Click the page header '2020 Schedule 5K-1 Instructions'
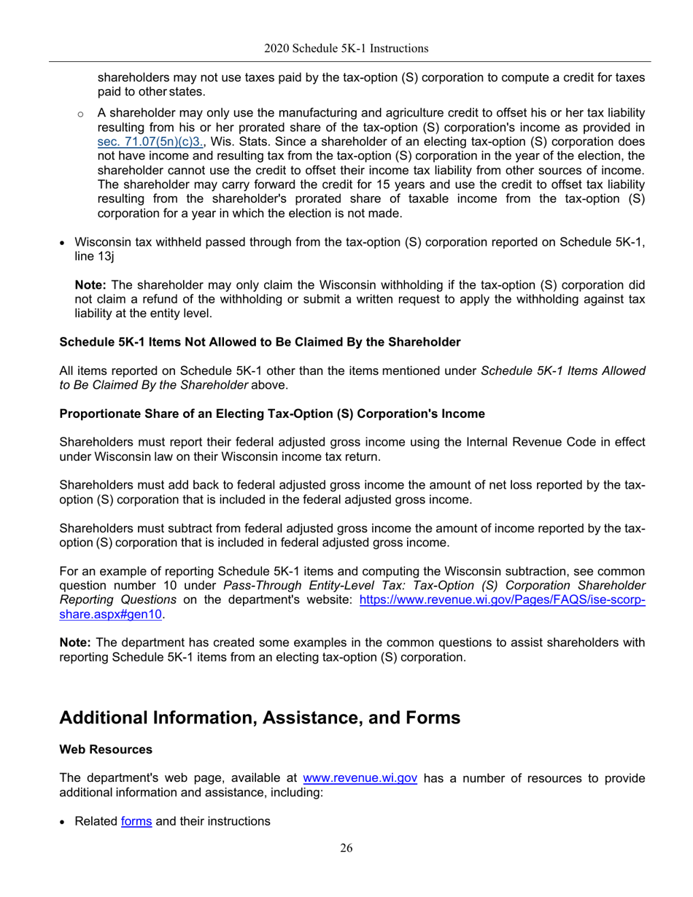pos(346,49)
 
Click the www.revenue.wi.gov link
pos(360,778)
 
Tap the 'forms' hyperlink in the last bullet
pos(136,821)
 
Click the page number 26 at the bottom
pos(346,847)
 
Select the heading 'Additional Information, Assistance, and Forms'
pos(259,718)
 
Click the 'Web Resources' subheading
pos(105,750)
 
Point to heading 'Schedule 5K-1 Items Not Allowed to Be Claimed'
pos(259,342)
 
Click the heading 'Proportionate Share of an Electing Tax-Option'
pos(271,413)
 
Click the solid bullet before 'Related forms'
pos(63,822)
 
